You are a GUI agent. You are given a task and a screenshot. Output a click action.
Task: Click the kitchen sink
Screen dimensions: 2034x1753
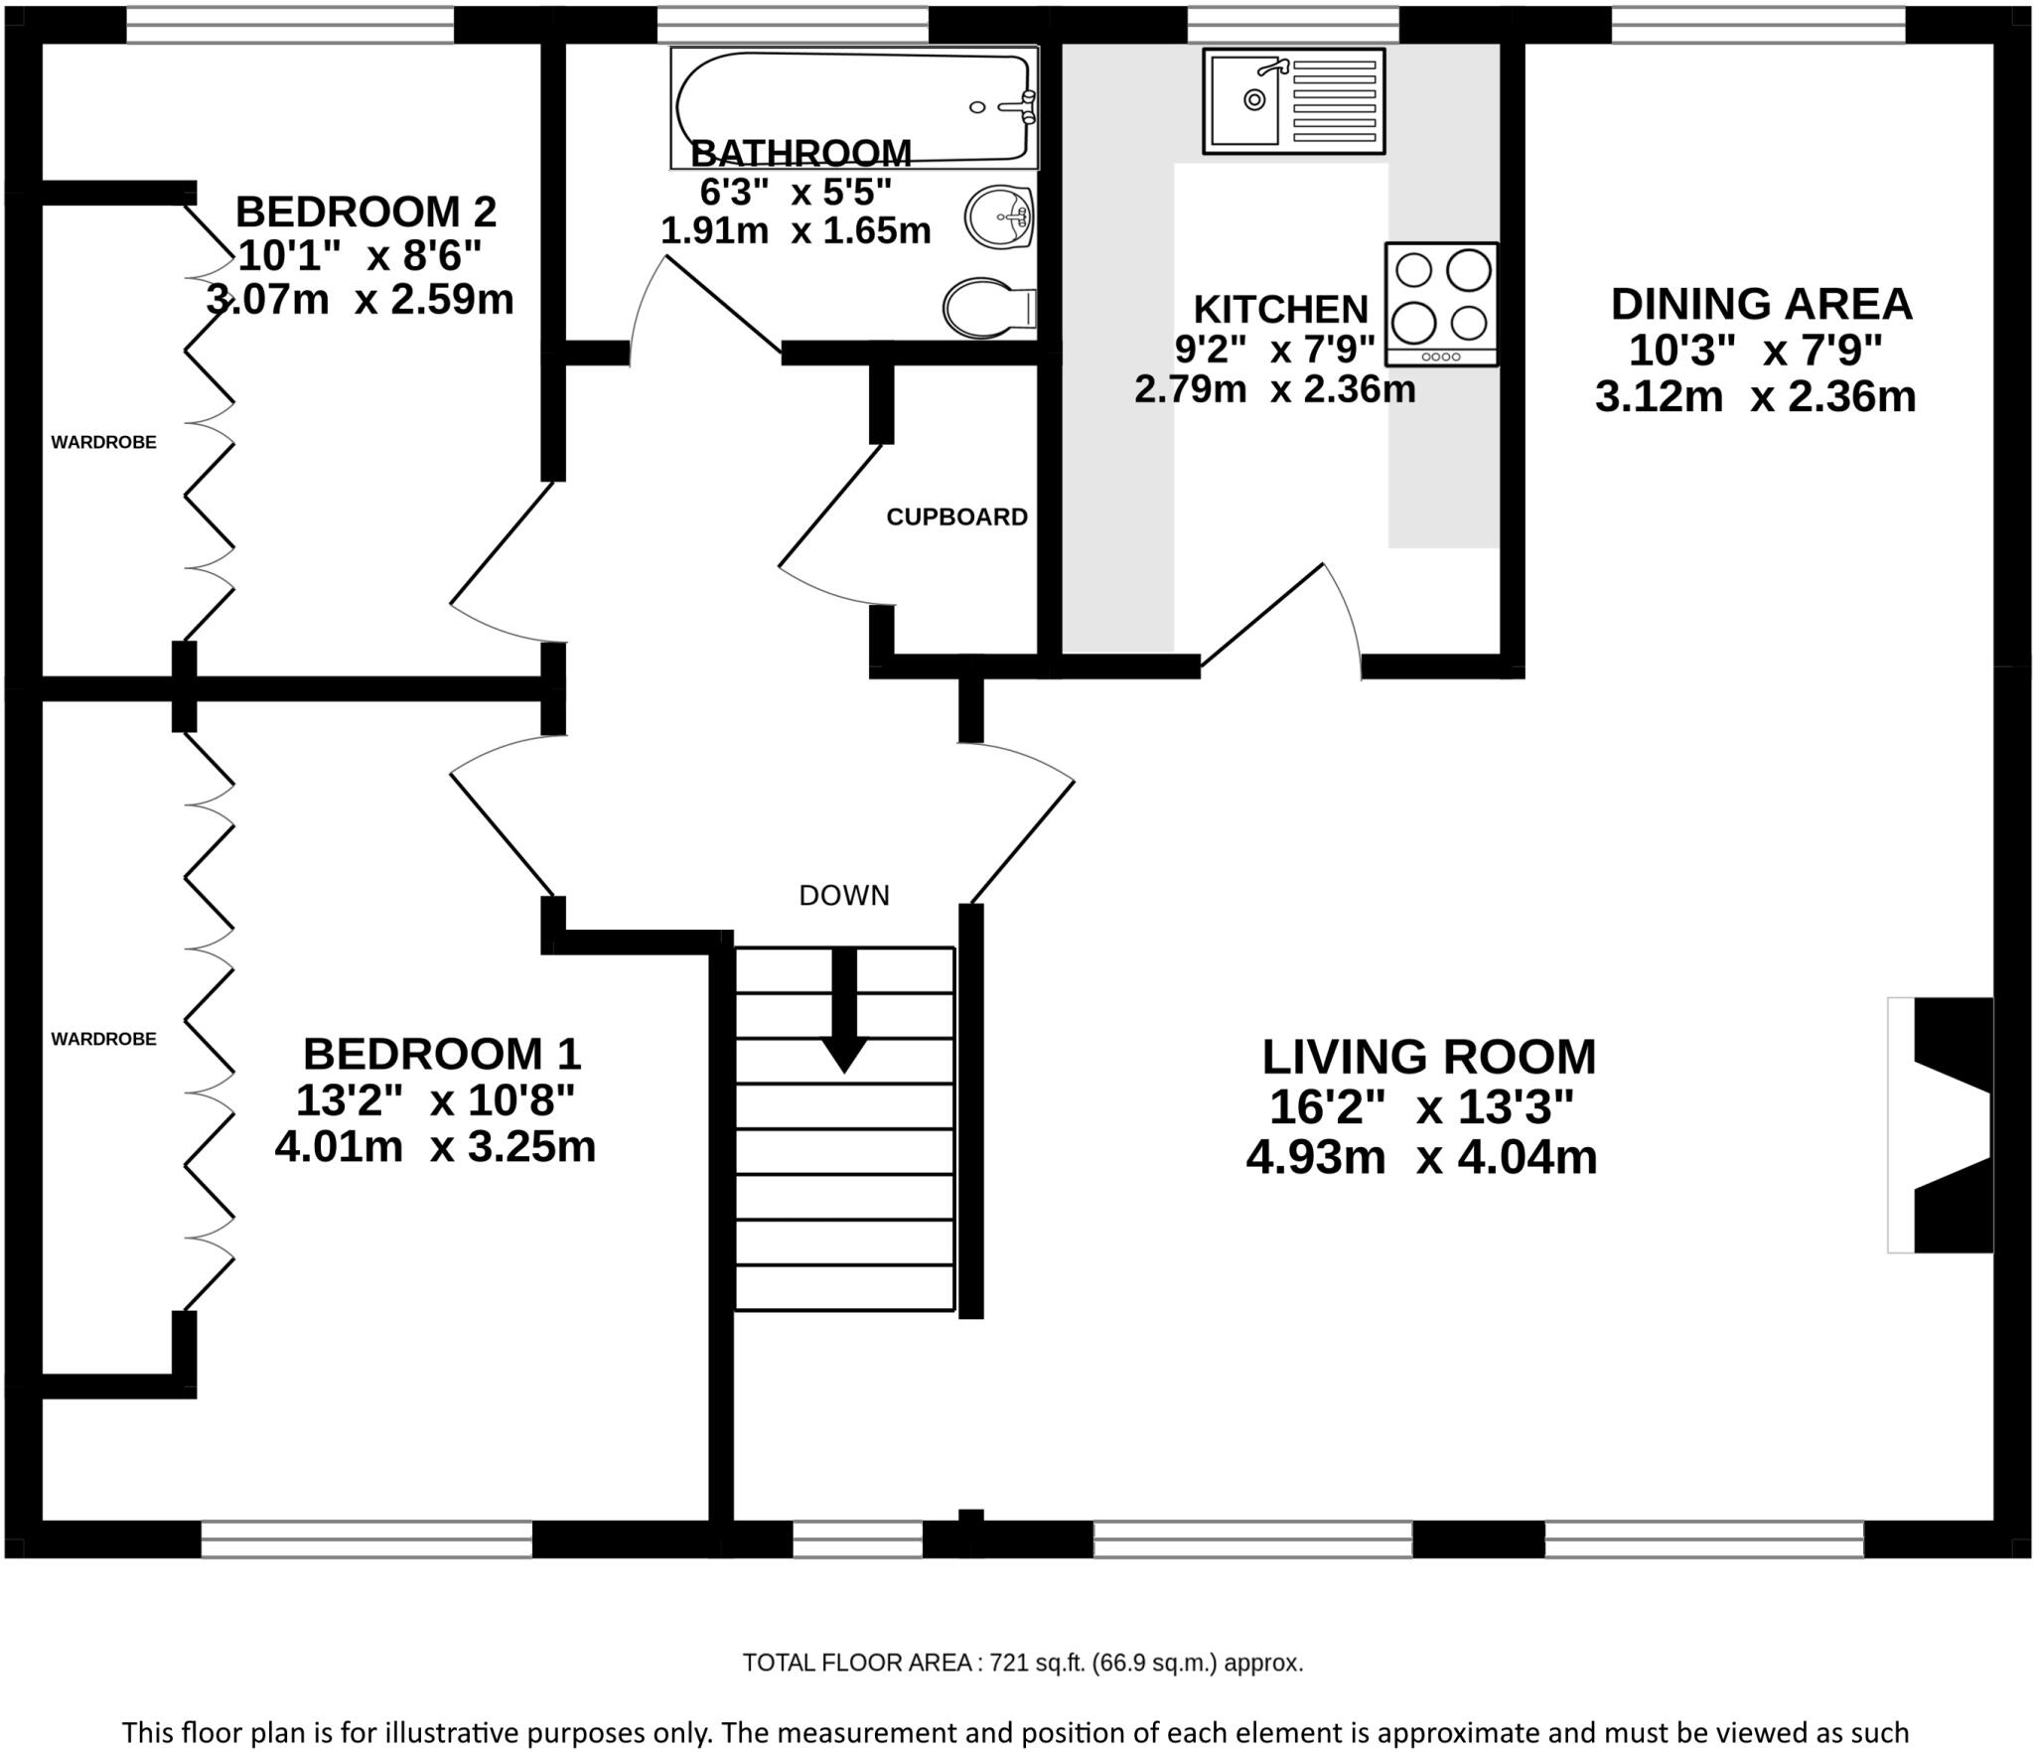tap(1293, 101)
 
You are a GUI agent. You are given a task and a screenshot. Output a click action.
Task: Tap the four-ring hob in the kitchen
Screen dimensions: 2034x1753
tap(1441, 304)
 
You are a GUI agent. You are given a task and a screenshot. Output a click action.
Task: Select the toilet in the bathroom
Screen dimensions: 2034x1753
tap(989, 307)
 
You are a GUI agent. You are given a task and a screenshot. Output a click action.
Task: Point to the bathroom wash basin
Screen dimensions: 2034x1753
tap(1001, 218)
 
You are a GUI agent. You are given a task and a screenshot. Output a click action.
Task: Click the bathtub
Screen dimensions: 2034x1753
tap(853, 106)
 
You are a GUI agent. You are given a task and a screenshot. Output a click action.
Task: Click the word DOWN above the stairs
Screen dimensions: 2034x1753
tap(844, 896)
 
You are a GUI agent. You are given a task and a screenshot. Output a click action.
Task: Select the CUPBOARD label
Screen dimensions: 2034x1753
tap(956, 516)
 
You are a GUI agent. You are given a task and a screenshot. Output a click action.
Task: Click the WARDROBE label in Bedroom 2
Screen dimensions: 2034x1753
tap(103, 442)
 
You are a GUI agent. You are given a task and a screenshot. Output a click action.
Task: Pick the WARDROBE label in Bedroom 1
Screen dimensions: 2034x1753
tap(103, 1039)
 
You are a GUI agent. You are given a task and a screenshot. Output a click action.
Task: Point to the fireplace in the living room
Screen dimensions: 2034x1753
tap(1941, 1139)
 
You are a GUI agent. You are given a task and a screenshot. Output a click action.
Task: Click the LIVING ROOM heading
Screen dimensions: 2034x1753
tap(1429, 1057)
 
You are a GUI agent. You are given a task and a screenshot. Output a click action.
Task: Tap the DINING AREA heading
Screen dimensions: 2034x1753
tap(1761, 304)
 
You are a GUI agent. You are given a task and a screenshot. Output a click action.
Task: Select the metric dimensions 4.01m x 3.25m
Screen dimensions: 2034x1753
tap(435, 1147)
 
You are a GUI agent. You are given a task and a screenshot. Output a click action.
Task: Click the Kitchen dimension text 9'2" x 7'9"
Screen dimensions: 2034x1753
tap(1275, 350)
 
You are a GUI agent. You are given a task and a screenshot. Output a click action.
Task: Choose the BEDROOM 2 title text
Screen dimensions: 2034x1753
tap(365, 212)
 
